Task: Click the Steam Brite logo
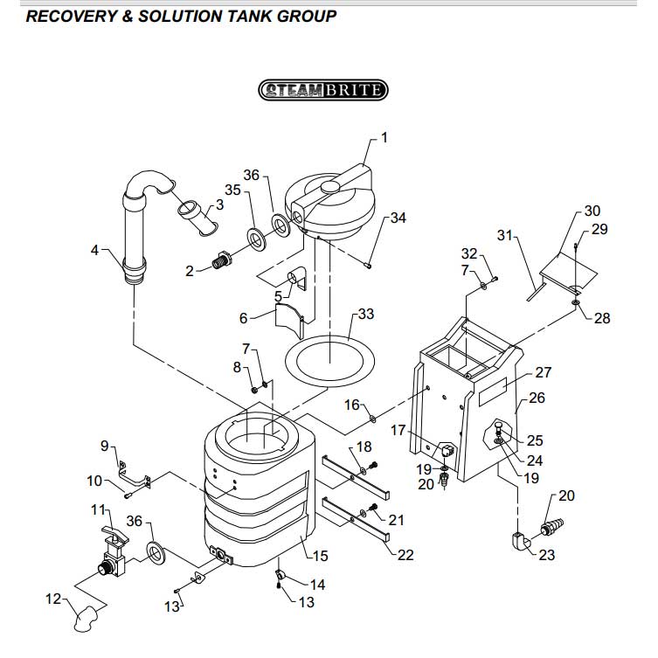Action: [x=322, y=89]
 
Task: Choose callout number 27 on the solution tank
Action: [x=543, y=372]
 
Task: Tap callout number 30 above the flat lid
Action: [x=592, y=211]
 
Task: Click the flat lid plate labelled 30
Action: [x=569, y=269]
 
